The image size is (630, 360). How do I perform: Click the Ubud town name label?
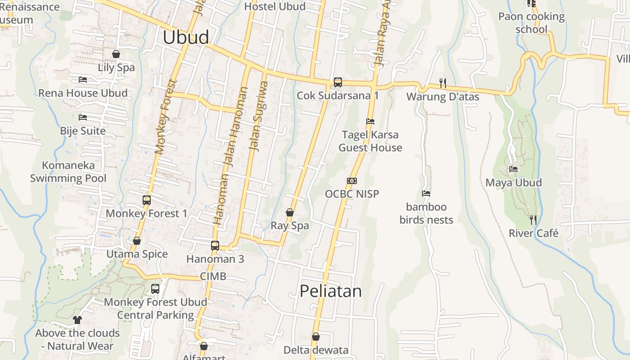pos(186,37)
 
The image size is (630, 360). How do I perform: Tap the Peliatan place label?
pos(331,291)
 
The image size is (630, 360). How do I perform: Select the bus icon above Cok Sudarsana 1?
pos(337,82)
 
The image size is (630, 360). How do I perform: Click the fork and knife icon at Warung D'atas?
pos(443,83)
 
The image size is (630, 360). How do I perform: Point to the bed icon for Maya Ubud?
pos(513,169)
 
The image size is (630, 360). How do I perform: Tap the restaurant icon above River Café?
pos(533,220)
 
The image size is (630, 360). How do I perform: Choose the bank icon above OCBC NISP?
pos(352,181)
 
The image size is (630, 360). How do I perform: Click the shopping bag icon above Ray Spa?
pos(290,212)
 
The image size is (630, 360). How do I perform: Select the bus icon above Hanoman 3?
pos(215,245)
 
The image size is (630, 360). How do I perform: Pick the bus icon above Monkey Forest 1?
pos(146,200)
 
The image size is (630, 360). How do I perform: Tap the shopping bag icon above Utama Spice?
pos(137,241)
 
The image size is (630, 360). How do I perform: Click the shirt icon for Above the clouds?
pos(77,320)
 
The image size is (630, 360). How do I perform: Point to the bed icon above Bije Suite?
pos(83,117)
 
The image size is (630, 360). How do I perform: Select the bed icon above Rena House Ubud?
pos(83,80)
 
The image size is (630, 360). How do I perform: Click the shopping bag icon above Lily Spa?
pos(116,54)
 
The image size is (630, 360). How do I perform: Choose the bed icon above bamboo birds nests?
pos(426,193)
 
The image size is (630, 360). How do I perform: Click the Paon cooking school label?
pos(531,23)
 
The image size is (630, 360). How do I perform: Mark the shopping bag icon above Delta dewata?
pos(316,336)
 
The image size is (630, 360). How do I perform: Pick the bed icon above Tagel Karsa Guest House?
pos(370,121)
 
